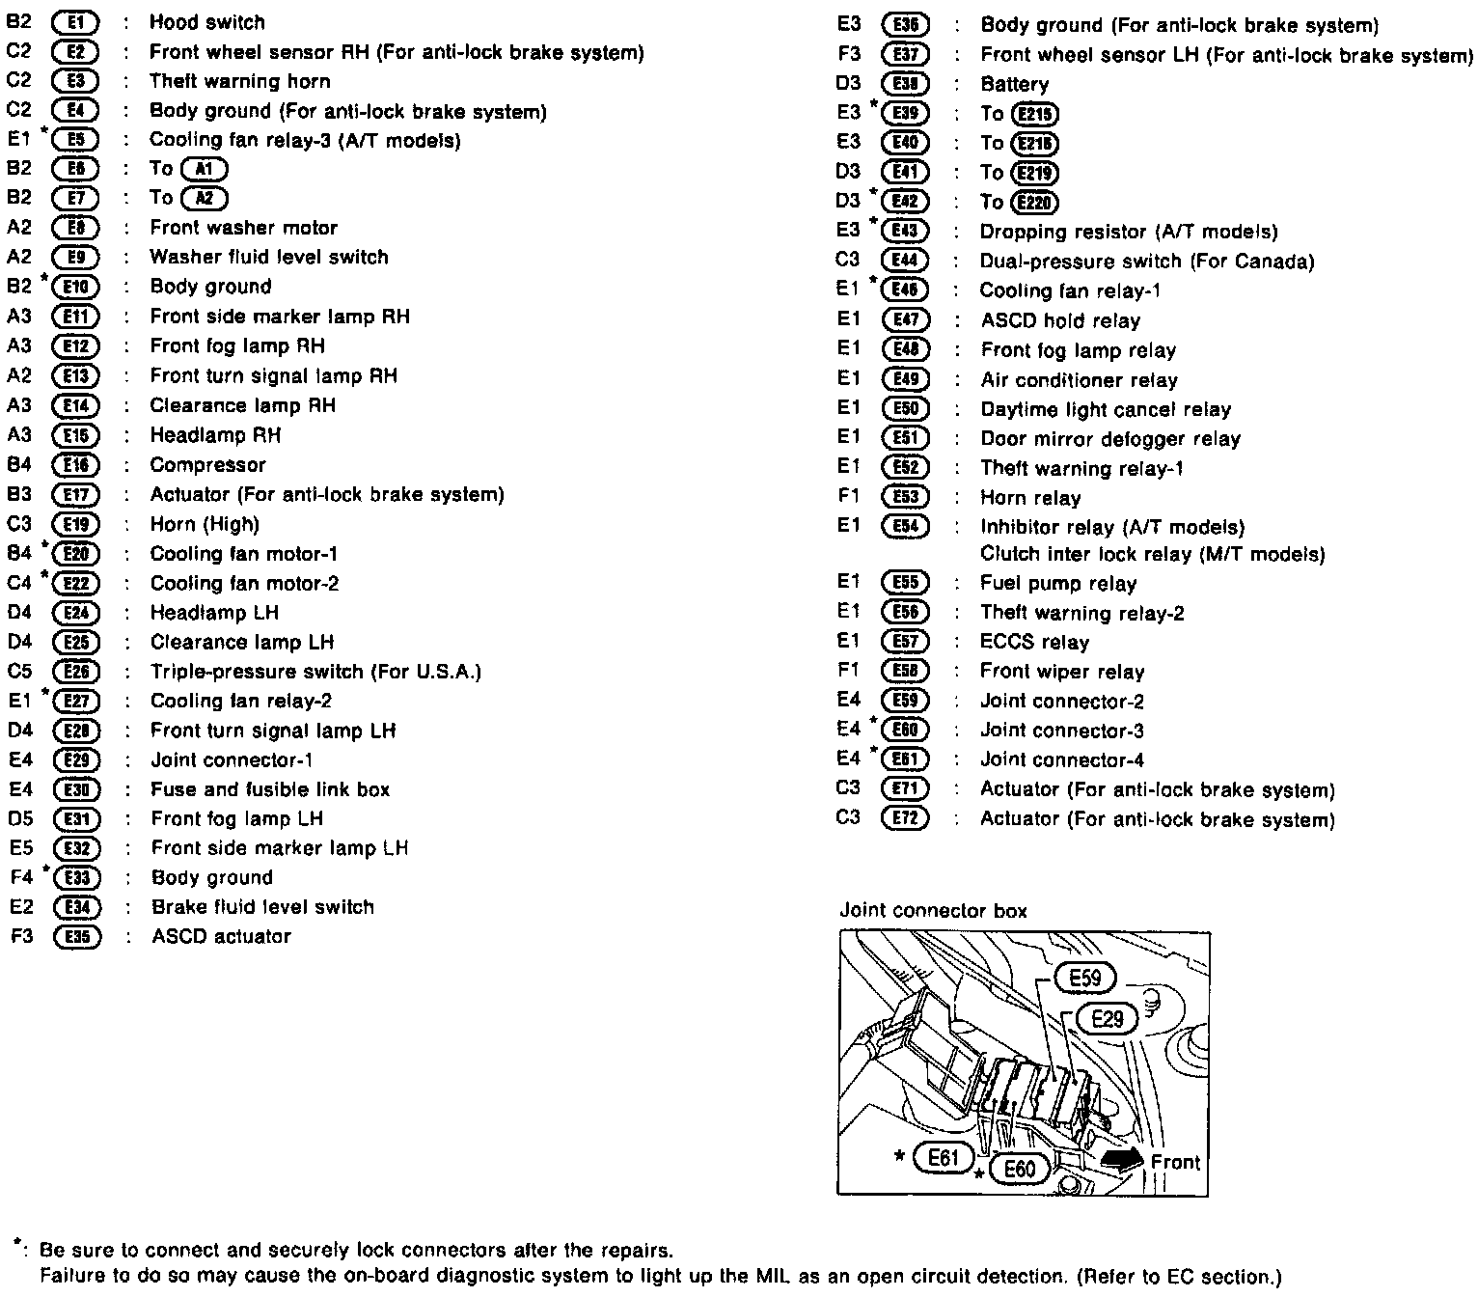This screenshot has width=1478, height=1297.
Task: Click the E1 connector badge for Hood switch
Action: click(x=75, y=22)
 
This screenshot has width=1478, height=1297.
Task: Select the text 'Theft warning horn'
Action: click(x=239, y=82)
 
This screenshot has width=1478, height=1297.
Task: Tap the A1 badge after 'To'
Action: click(x=205, y=169)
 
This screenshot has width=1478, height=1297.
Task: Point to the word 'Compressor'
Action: click(x=207, y=465)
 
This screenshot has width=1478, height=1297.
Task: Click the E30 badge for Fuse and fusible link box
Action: click(x=76, y=790)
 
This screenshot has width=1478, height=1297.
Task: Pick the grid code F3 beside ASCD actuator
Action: click(x=21, y=937)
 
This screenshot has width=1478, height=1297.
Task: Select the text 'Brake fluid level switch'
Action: click(x=262, y=907)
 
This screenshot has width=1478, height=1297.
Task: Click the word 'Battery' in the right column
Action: click(x=1014, y=85)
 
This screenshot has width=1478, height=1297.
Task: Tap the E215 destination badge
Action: click(x=1035, y=115)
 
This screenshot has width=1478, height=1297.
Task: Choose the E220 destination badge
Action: click(x=1035, y=203)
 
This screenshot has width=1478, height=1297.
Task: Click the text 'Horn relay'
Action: click(x=1030, y=499)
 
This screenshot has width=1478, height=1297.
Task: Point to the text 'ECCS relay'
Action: click(x=1034, y=643)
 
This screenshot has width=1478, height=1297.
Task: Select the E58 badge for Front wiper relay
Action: click(x=905, y=672)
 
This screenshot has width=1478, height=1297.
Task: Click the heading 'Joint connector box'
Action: click(x=933, y=911)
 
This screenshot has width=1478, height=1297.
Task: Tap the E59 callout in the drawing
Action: click(x=1084, y=979)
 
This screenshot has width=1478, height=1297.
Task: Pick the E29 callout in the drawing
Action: click(x=1108, y=1018)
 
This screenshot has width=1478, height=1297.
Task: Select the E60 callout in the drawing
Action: click(x=1019, y=1169)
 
